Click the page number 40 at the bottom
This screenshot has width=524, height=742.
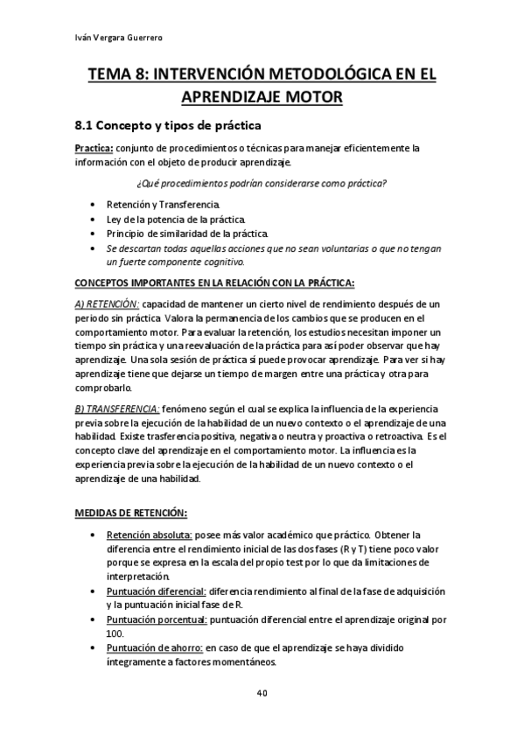click(262, 693)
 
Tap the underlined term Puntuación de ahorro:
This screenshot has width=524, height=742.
click(154, 648)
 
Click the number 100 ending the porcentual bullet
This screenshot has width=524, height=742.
click(115, 633)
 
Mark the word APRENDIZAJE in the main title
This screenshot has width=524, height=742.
click(262, 97)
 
